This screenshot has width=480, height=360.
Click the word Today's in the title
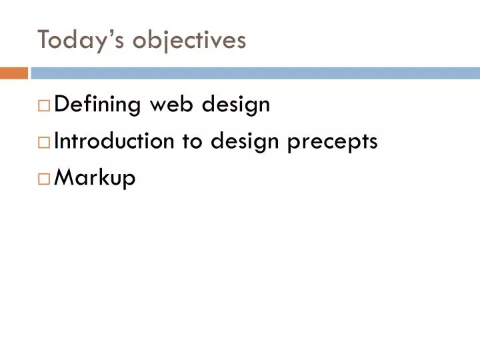coord(82,41)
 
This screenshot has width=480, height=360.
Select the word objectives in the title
coord(190,41)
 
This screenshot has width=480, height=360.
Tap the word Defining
coord(97,105)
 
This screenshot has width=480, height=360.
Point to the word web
coord(173,105)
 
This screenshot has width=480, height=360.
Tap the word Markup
coord(94,179)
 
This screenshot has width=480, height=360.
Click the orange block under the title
coord(13,73)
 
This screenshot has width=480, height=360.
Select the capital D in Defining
coord(60,105)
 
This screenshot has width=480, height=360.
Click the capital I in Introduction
coord(56,141)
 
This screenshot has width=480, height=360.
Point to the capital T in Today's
coord(44,40)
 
